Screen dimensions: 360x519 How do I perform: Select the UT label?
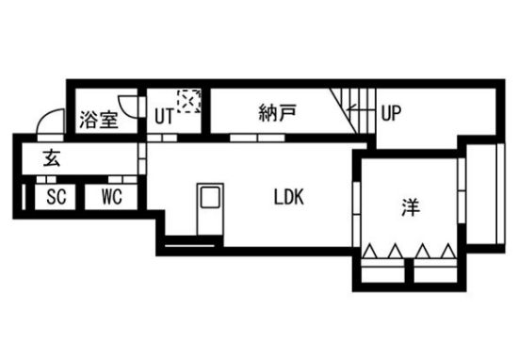[163, 116]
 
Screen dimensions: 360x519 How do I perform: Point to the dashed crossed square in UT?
[189, 100]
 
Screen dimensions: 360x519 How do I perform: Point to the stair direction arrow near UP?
[358, 112]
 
